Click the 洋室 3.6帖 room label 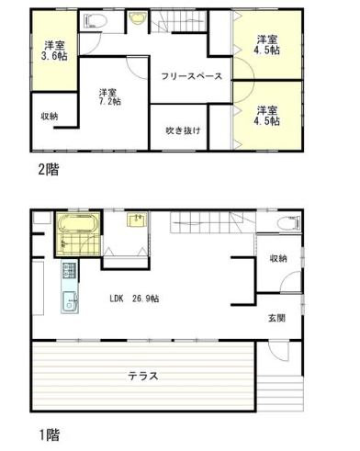54,51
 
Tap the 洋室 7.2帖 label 109,96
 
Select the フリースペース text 192,76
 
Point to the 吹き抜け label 184,130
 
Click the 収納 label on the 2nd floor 50,117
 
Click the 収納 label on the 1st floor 278,258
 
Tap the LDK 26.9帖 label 134,299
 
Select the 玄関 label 276,318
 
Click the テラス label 143,376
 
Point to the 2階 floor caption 49,169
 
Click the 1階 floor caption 50,434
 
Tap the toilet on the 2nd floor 95,21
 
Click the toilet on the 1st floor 289,222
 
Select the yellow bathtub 78,223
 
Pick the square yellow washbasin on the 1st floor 138,220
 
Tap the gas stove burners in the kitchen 70,271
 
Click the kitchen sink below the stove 70,301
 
